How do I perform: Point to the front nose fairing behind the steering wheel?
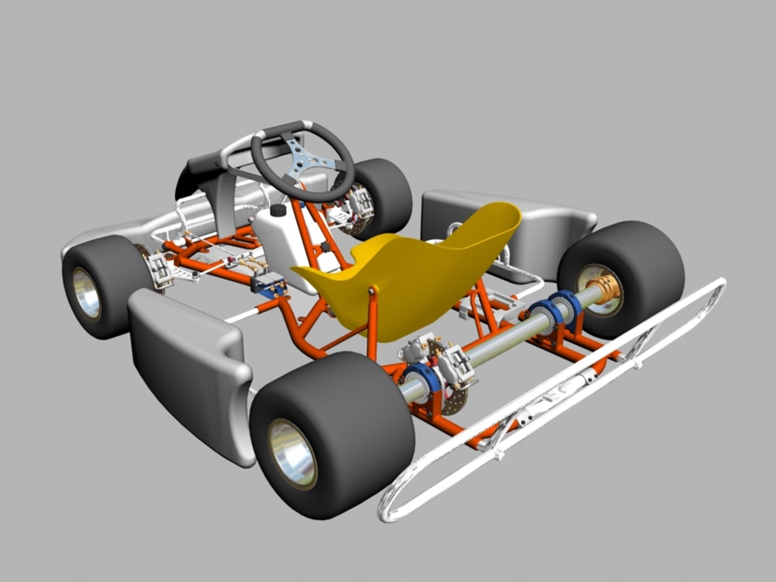click(210, 172)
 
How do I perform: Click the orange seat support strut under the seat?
click(372, 323)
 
